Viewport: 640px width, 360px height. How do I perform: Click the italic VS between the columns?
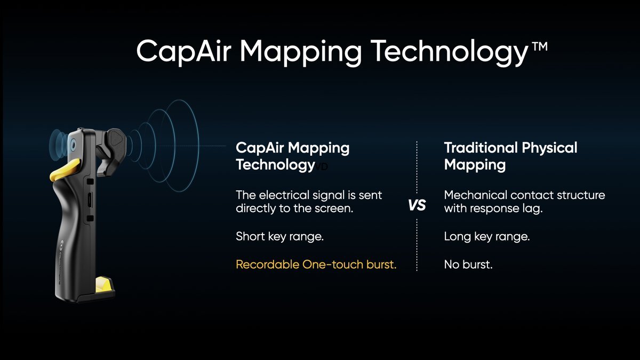[417, 205]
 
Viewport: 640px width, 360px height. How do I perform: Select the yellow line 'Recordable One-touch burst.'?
[316, 265]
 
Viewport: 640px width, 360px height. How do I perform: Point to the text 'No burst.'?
[468, 265]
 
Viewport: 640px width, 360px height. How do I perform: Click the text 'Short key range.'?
[279, 237]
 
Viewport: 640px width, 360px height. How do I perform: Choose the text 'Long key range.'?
[487, 237]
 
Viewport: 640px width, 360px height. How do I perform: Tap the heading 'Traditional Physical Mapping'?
[510, 156]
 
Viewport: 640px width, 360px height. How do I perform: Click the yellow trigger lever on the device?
[65, 170]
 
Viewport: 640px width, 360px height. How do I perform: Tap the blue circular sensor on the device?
[73, 145]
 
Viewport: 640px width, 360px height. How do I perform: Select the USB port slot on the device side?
[89, 200]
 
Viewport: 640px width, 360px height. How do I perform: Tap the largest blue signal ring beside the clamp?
[198, 146]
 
